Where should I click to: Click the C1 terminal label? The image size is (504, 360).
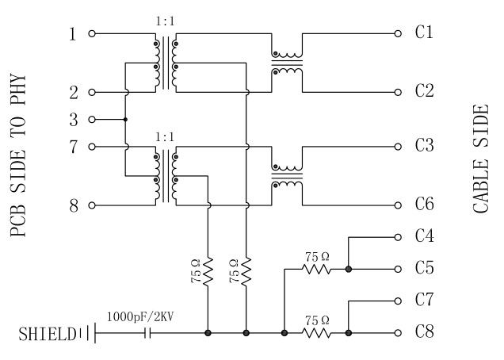[424, 33]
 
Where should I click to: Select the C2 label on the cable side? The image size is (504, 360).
[424, 91]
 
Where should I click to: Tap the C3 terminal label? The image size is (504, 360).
[424, 146]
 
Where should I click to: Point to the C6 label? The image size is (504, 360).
[424, 205]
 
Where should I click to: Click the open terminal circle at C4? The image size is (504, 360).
[398, 236]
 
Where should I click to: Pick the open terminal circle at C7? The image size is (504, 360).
[398, 301]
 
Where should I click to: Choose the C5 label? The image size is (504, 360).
[424, 268]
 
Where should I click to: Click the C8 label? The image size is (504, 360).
[424, 332]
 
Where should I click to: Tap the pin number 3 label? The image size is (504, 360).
[73, 120]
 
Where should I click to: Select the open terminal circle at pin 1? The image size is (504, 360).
[92, 34]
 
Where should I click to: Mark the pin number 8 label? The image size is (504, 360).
[73, 205]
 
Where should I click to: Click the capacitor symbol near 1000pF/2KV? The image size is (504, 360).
[146, 333]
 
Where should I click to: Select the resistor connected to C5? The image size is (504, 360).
[317, 269]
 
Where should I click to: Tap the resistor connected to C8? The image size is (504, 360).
[317, 333]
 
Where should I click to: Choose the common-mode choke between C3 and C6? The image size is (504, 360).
[287, 176]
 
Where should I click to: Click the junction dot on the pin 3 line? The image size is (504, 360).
[125, 120]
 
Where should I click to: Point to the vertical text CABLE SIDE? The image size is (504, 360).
[481, 159]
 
